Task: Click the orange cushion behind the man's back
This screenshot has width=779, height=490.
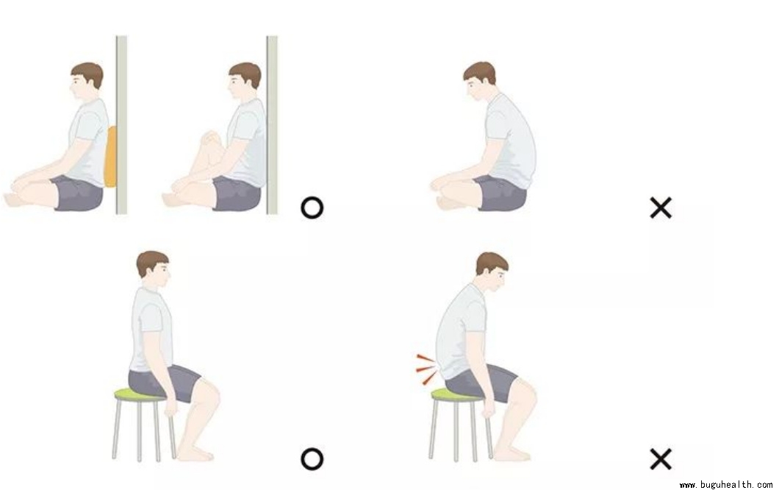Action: click(111, 157)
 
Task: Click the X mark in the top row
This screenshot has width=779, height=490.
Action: click(661, 208)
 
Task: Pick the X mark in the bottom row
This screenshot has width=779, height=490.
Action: click(661, 459)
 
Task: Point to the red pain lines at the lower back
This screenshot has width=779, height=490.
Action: click(427, 369)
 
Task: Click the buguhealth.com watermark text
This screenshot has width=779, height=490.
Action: click(726, 484)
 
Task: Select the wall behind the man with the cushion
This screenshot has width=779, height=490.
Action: click(121, 125)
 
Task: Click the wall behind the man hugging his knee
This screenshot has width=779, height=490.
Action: click(272, 125)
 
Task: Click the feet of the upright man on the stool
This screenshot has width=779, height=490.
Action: click(195, 453)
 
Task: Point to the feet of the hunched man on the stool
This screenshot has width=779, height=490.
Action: click(512, 453)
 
